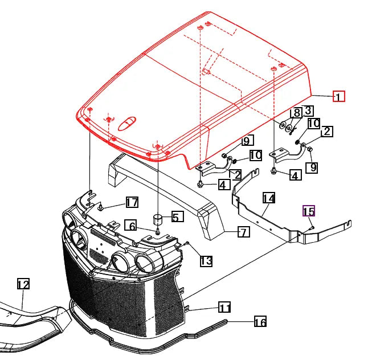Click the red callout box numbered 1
[338, 96]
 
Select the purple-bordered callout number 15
[309, 211]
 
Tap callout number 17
[132, 202]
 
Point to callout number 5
[178, 216]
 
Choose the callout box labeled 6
[130, 226]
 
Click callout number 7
[244, 232]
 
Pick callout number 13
[206, 261]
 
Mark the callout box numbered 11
[224, 308]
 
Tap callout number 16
[260, 322]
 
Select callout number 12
[23, 284]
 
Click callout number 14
[269, 198]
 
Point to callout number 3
[308, 111]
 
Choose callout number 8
[296, 112]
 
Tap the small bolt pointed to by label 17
[100, 207]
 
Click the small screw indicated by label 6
[158, 232]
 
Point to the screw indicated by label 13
[187, 243]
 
